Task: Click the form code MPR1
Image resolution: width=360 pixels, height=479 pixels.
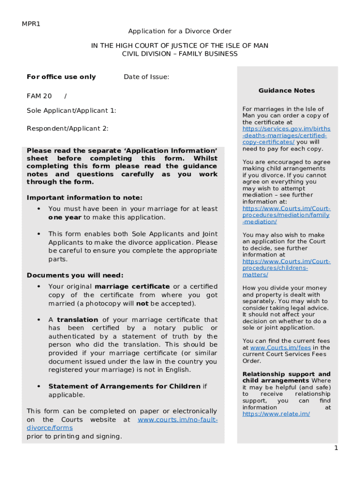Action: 31,24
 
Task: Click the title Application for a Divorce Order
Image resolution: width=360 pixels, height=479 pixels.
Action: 180,31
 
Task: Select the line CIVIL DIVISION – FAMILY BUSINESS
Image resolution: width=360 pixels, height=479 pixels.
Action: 180,54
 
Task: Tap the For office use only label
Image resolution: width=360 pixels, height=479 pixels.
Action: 61,77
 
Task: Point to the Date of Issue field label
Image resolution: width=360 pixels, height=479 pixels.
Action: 146,77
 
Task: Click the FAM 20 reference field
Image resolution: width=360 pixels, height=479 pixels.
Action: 39,96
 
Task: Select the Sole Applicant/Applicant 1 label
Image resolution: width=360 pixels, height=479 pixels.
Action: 72,110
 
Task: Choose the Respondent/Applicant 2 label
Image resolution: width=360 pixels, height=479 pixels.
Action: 68,128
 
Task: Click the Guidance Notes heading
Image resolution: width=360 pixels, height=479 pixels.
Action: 287,90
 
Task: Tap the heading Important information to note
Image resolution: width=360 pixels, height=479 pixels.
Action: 85,197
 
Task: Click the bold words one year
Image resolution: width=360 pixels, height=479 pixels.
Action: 65,218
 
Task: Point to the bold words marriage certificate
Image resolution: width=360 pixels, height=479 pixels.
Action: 132,286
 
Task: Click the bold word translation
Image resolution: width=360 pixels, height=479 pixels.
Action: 78,319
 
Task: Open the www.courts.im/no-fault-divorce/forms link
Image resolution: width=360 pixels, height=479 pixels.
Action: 177,420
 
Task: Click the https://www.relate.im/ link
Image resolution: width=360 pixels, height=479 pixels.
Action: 276,414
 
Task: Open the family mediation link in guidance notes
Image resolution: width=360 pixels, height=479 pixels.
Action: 286,215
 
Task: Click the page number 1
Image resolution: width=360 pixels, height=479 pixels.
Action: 336,448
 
